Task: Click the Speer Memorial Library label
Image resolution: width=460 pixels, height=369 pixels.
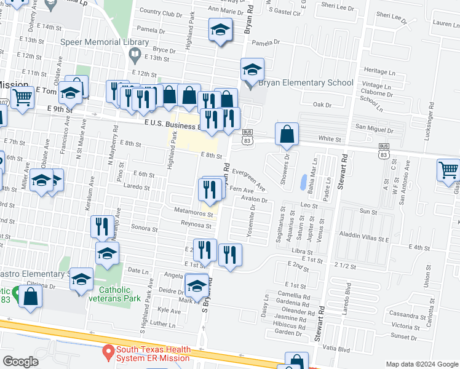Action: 105,42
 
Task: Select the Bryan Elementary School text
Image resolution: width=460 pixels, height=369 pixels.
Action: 306,83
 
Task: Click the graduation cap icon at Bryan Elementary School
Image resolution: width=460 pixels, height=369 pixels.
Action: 252,70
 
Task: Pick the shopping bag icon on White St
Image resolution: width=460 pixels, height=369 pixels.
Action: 287,134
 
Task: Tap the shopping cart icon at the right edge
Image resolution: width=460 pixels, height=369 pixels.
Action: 448,169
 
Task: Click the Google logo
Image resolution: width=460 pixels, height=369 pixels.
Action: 20,362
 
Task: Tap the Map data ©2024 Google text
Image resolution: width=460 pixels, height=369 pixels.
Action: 421,364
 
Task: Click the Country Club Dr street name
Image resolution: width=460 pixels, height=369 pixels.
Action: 161,13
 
